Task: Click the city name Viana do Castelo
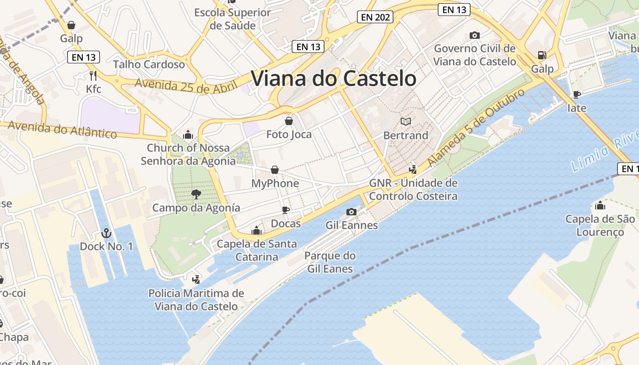(x=334, y=78)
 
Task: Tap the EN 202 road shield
(x=375, y=17)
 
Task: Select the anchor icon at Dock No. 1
(x=106, y=234)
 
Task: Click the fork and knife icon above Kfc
(x=93, y=75)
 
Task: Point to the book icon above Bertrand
(x=406, y=121)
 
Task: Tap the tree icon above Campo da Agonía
(x=196, y=194)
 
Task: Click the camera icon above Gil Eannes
(x=351, y=212)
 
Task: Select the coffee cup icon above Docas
(x=286, y=210)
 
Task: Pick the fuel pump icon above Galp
(x=542, y=55)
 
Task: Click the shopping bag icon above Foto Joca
(x=289, y=121)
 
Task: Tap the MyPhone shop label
(x=275, y=183)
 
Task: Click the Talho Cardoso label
(x=149, y=64)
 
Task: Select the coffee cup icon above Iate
(x=577, y=94)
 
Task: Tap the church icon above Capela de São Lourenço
(x=600, y=205)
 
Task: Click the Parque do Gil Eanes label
(x=330, y=262)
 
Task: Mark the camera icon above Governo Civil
(x=475, y=35)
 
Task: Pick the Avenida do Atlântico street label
(x=62, y=130)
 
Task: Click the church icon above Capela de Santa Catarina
(x=257, y=230)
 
